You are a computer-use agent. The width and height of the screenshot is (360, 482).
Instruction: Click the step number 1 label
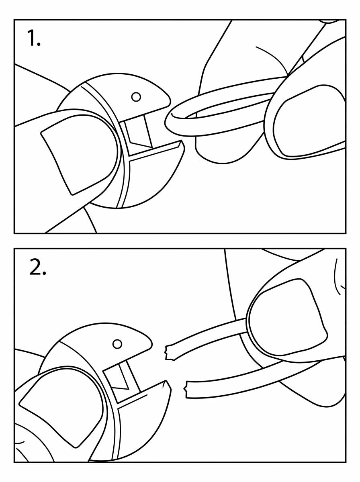pyautogui.click(x=34, y=38)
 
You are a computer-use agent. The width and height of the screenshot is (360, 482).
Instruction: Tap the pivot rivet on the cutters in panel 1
pyautogui.click(x=136, y=97)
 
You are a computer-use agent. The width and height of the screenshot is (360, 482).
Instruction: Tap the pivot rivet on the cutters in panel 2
pyautogui.click(x=117, y=344)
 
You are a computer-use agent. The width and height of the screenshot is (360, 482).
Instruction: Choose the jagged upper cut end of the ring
pyautogui.click(x=169, y=353)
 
